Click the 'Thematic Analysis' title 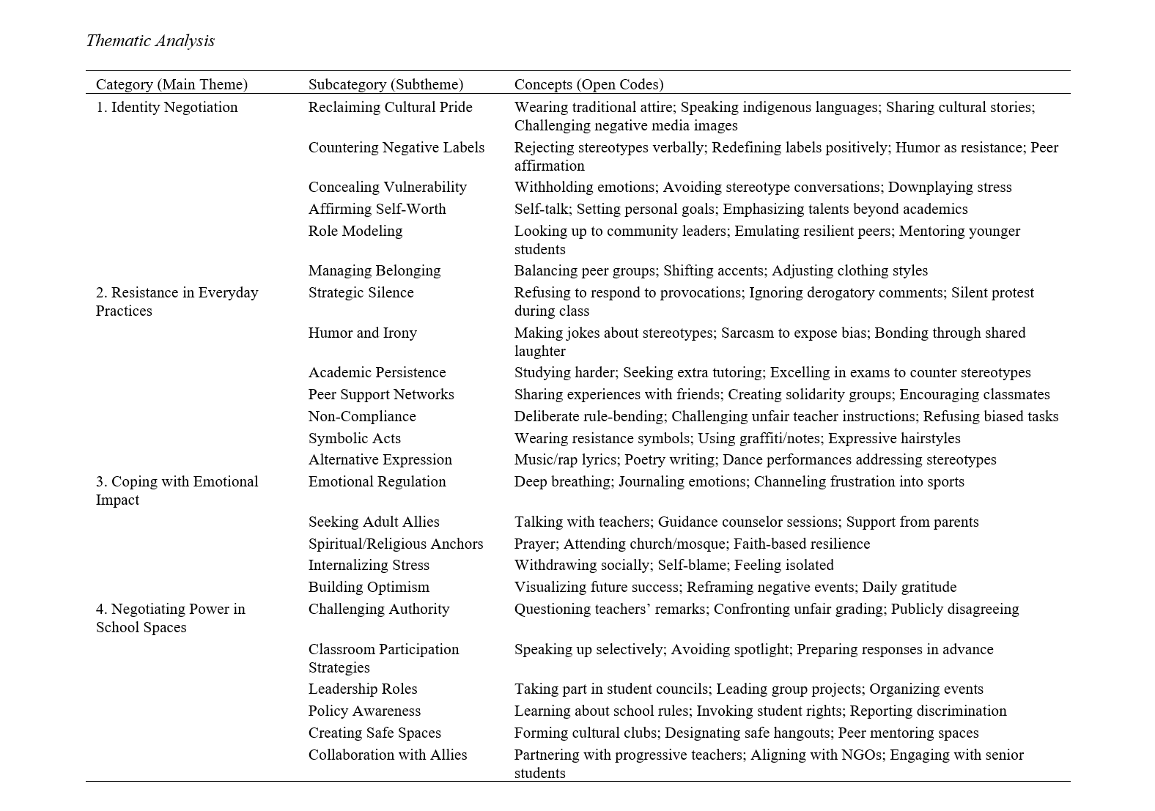tap(150, 41)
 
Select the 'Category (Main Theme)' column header tap(171, 84)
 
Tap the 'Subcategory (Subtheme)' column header tap(385, 84)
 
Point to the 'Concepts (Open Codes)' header tap(588, 84)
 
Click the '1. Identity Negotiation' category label tap(166, 107)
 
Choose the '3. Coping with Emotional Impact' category tap(177, 490)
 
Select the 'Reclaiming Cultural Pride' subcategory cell tap(390, 107)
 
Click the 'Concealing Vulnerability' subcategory tap(387, 187)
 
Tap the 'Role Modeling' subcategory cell tap(355, 231)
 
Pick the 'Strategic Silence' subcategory tap(361, 292)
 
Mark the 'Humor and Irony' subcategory tap(362, 333)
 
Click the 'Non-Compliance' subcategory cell tap(362, 416)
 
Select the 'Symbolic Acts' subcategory tap(355, 438)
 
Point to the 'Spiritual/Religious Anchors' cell tap(396, 544)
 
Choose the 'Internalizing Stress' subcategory tap(369, 565)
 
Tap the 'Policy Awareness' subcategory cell tap(364, 711)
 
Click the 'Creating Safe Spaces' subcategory tap(374, 733)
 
